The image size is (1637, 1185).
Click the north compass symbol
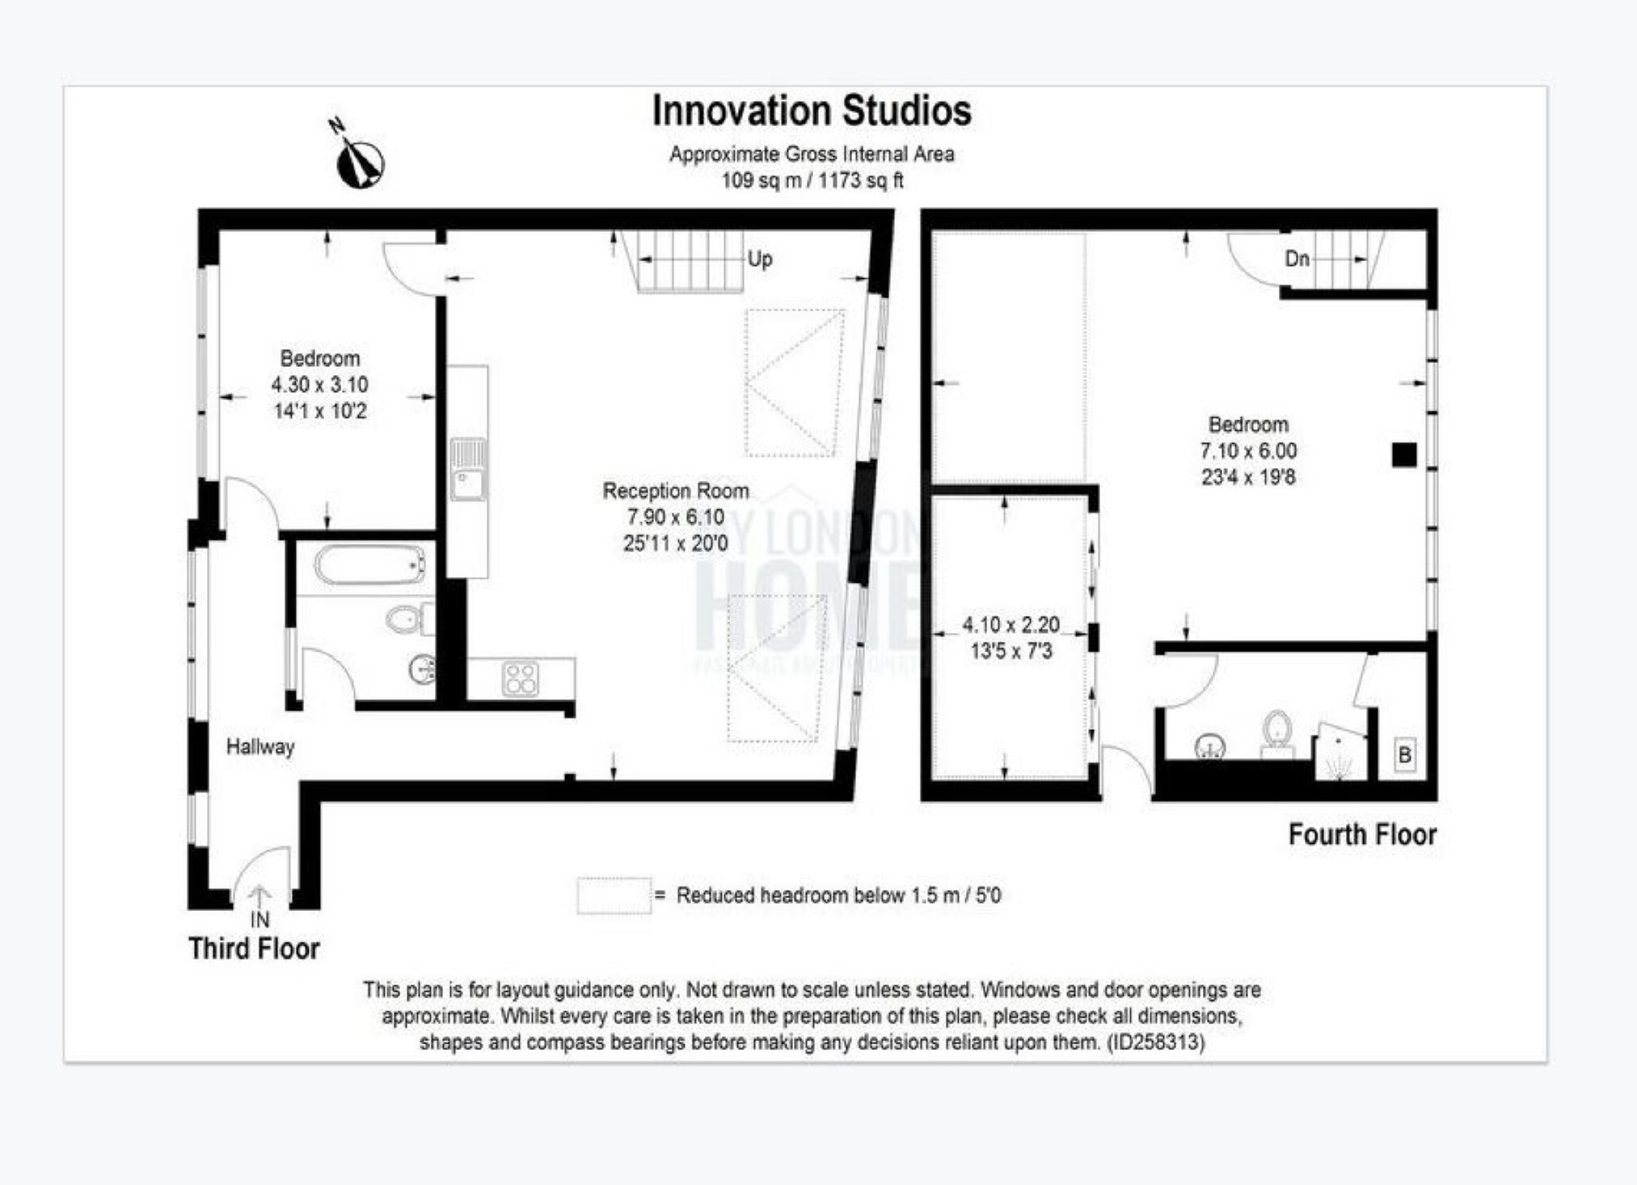[360, 160]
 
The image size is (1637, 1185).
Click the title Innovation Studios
[812, 111]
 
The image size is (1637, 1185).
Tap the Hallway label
[259, 746]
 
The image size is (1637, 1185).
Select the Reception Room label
[676, 491]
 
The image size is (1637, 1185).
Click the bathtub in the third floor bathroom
[369, 564]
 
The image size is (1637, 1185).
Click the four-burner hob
[520, 678]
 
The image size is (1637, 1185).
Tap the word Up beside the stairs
[759, 259]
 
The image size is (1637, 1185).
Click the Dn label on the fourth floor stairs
[1297, 259]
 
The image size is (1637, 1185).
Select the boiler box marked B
[1405, 754]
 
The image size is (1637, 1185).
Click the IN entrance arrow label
[259, 919]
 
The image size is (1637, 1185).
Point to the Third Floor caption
[254, 948]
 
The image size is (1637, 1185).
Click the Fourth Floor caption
[1362, 834]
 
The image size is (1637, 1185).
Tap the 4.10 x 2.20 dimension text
[1010, 625]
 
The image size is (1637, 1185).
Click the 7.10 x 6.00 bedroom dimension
[1248, 451]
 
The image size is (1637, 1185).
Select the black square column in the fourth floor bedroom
[1404, 455]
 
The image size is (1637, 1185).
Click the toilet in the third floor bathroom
[404, 620]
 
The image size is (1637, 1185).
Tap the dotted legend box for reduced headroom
[614, 896]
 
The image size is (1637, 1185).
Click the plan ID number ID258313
[1155, 1042]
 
